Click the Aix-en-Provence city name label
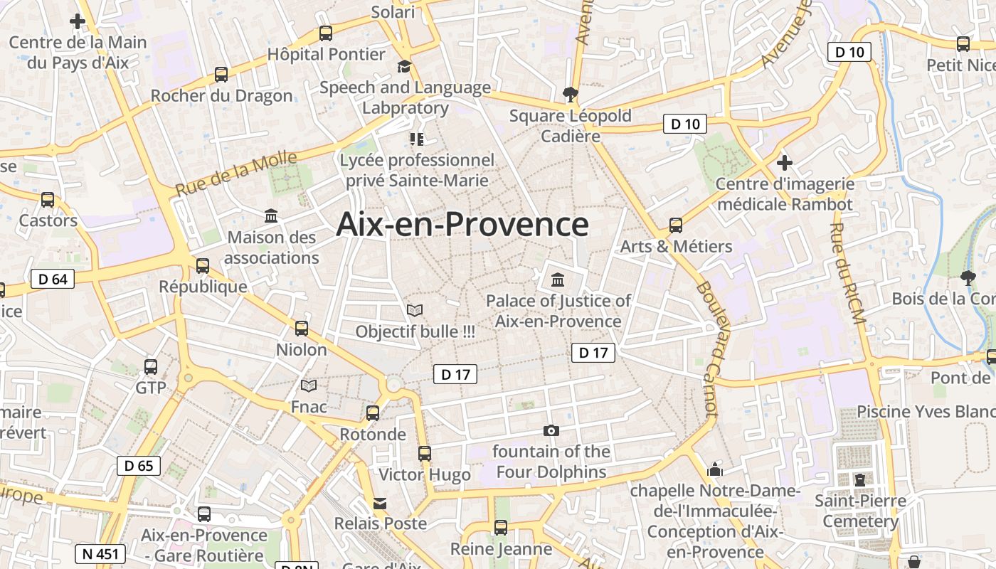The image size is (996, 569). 462,224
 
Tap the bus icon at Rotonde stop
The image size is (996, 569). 372,413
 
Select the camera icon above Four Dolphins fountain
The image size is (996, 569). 551,430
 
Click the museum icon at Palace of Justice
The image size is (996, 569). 558,279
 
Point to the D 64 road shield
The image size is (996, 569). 53,279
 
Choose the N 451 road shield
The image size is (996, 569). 100,554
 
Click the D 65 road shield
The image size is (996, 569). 138,466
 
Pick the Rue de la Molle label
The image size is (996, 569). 235,175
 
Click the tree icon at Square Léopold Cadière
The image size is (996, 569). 570,93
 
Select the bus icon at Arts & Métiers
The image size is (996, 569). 676,225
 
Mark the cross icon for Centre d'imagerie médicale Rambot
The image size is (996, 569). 785,163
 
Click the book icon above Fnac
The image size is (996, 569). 309,385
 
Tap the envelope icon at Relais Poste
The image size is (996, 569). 381,504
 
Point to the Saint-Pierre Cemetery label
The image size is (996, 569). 860,511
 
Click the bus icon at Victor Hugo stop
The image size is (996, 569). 425,453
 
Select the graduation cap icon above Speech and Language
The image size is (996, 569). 405,66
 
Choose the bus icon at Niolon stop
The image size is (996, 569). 302,328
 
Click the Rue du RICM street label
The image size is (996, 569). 848,274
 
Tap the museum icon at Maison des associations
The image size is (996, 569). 271,216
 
